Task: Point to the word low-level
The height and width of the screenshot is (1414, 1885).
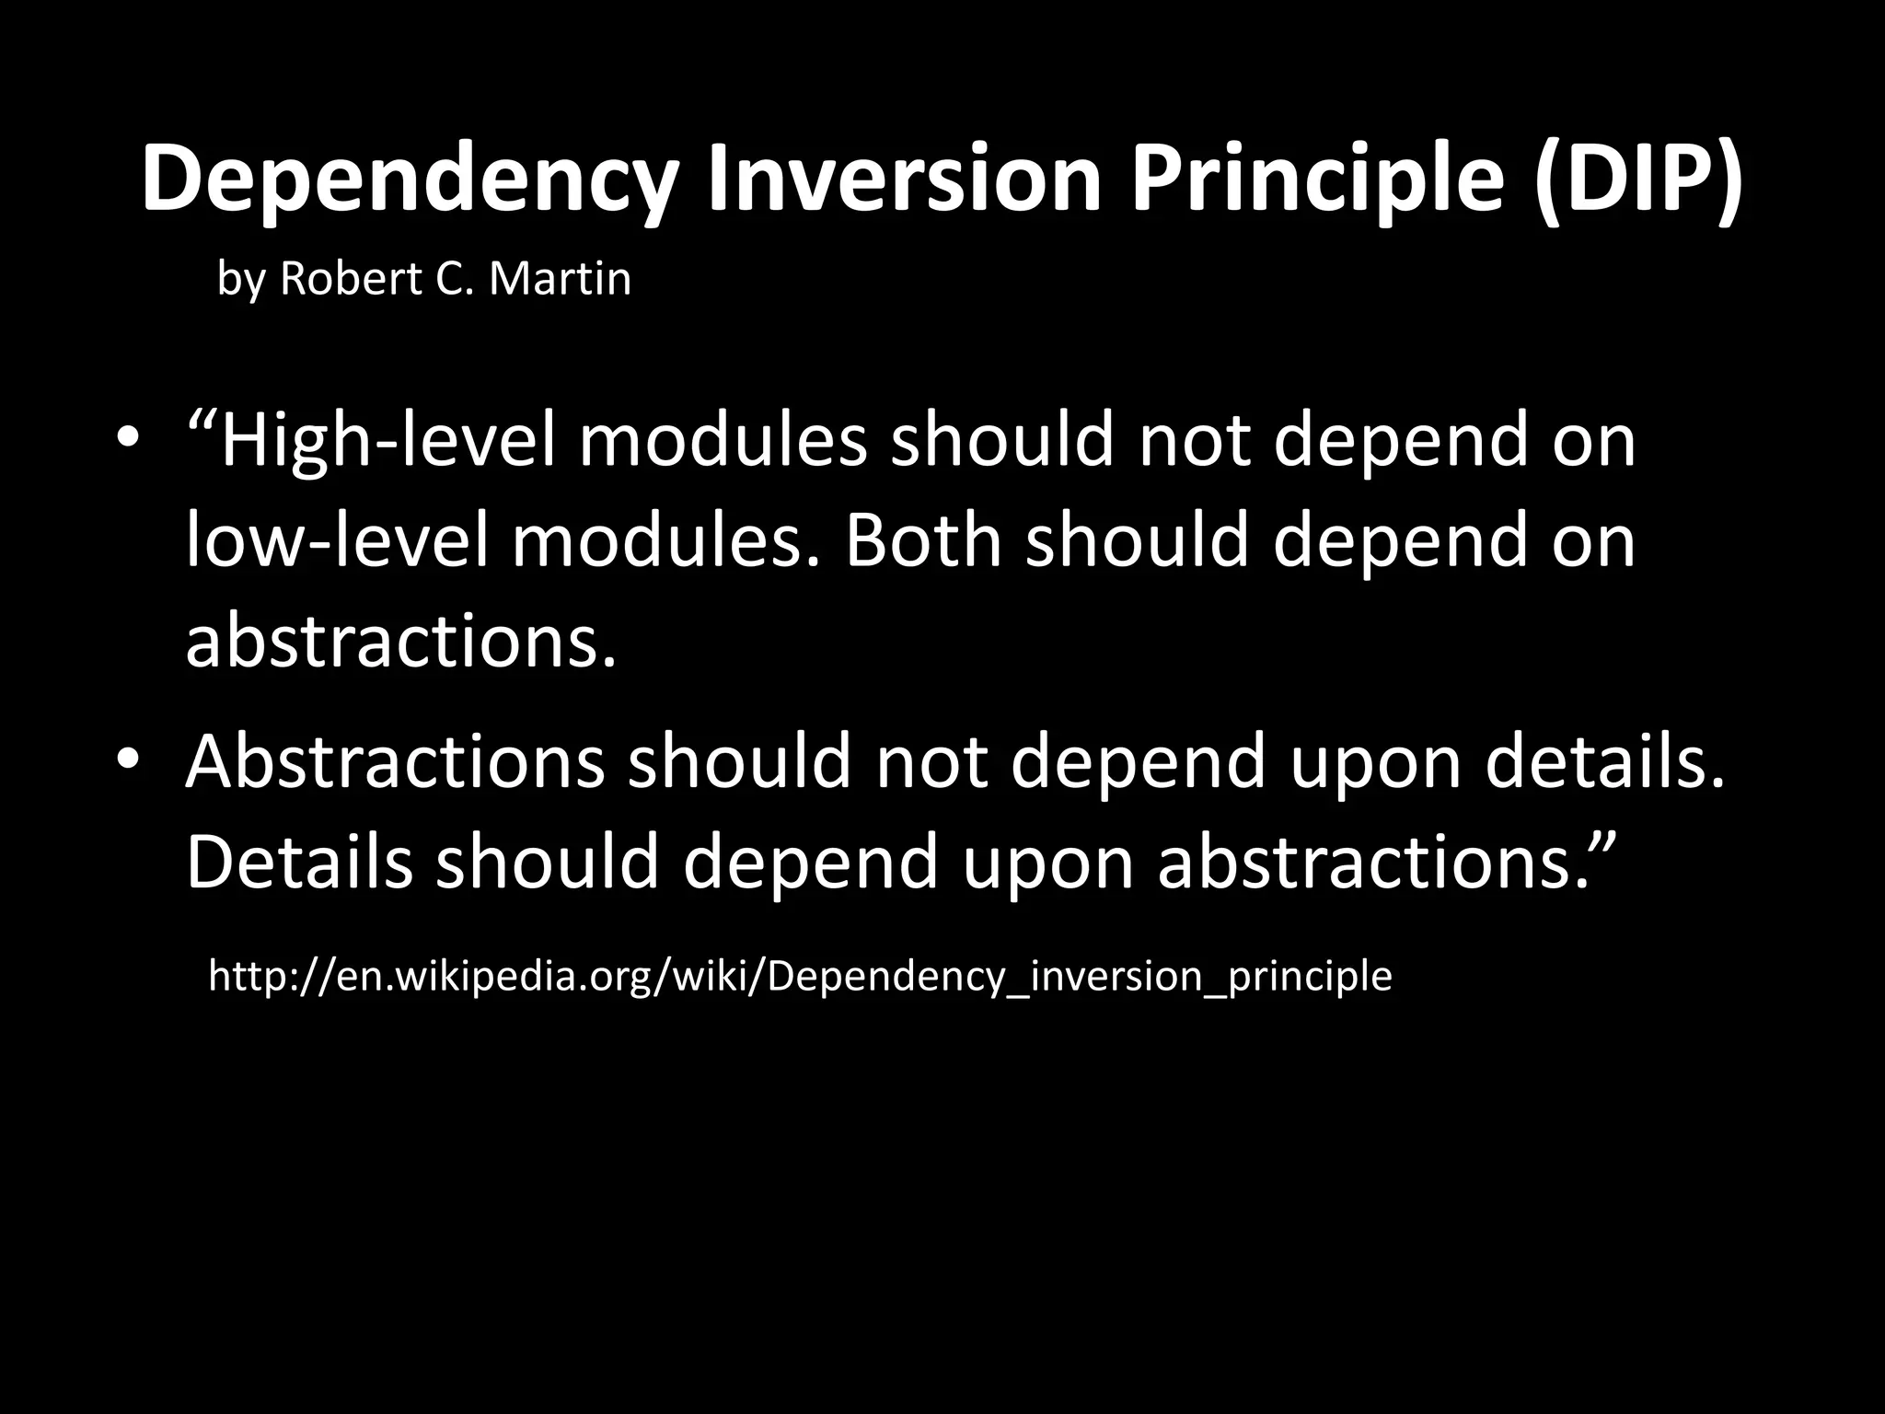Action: tap(337, 540)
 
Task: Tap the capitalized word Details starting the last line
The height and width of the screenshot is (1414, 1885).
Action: tap(299, 861)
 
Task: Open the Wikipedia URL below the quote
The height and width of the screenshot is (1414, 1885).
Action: tap(800, 976)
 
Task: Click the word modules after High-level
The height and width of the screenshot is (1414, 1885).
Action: tap(723, 442)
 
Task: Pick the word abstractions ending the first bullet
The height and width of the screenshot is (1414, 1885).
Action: tap(400, 640)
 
